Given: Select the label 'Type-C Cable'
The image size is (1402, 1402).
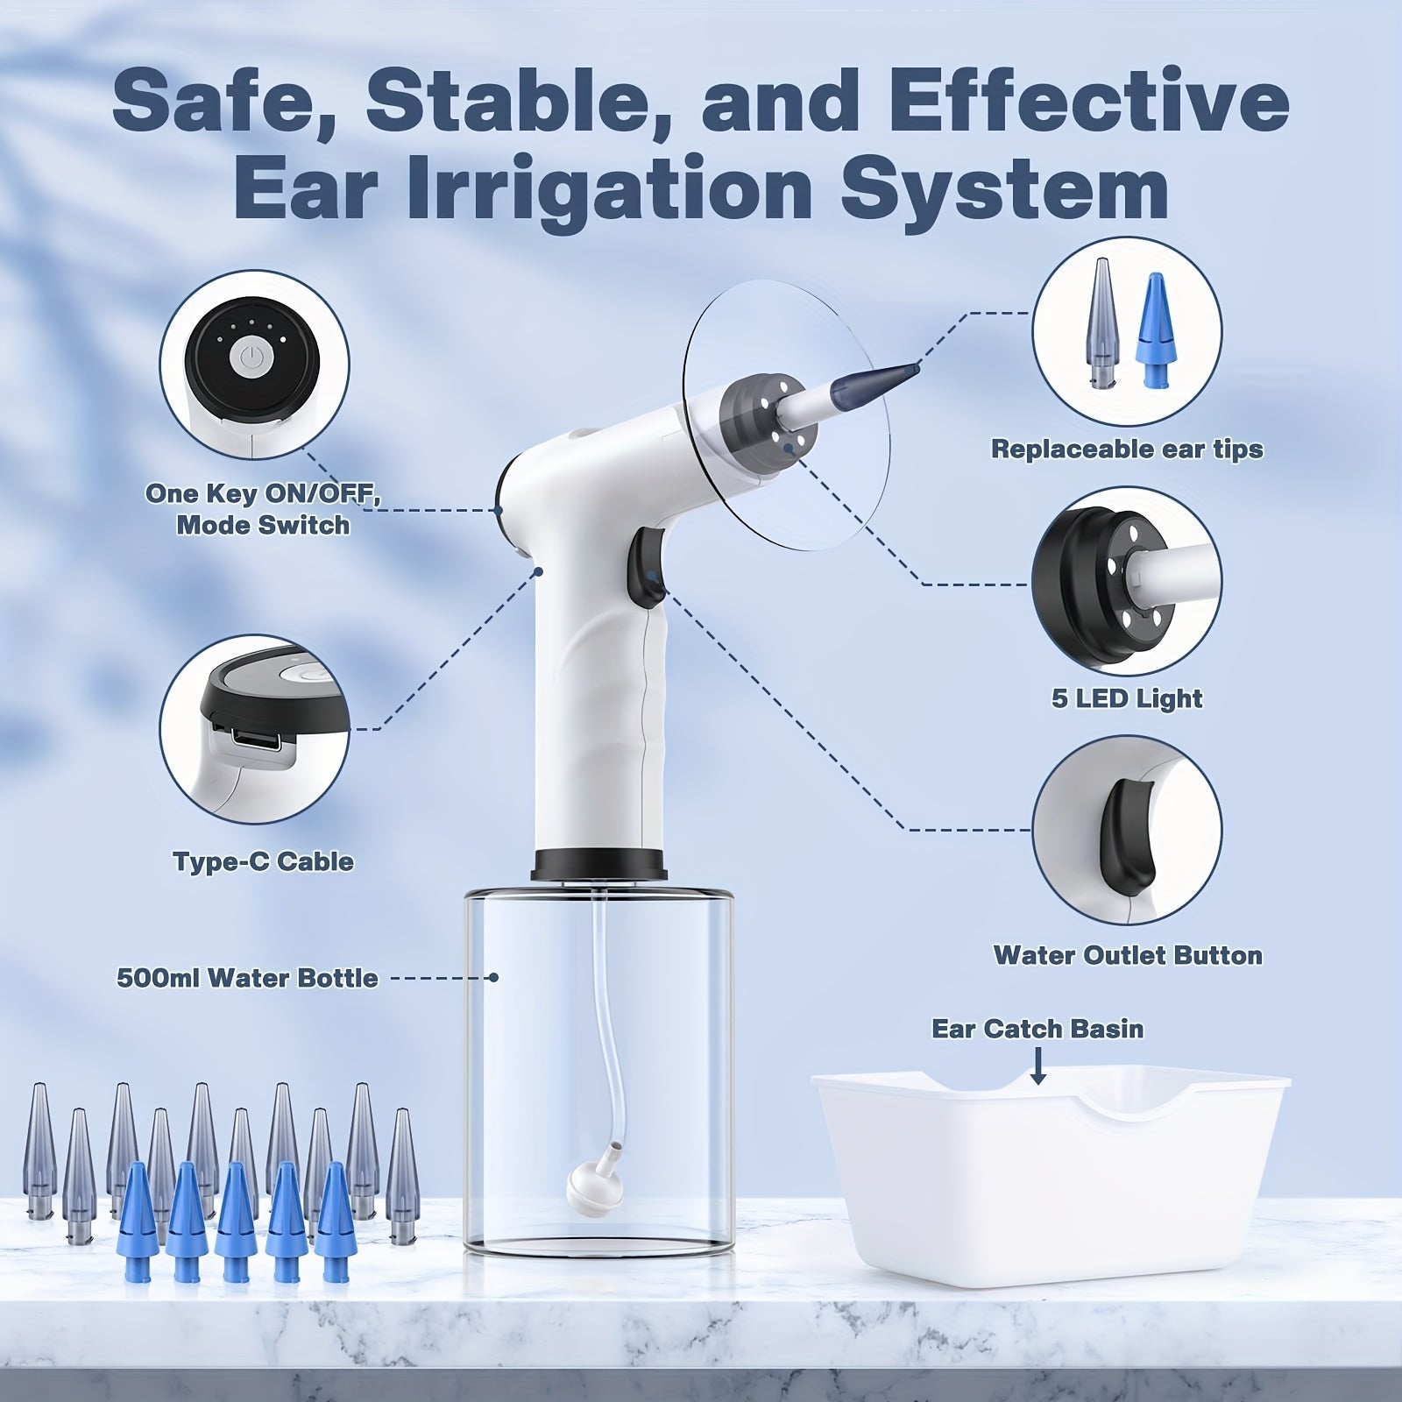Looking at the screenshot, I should tap(263, 861).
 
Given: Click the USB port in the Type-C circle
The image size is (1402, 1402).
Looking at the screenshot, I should tap(257, 742).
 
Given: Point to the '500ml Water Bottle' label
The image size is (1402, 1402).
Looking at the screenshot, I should tap(248, 978).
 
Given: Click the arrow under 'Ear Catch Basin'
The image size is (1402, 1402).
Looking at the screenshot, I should tap(1037, 1066).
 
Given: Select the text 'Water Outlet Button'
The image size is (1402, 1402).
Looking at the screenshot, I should tap(1127, 955).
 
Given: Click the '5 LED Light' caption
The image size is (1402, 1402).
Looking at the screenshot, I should tap(1127, 698).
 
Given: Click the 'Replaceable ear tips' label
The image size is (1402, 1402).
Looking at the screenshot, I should tap(1127, 450).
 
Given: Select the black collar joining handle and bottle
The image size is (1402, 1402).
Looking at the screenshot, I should tap(600, 864).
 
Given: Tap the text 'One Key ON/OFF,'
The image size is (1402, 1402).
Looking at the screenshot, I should tap(263, 493).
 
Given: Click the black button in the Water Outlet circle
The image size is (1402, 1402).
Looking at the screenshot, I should tap(1123, 828).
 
